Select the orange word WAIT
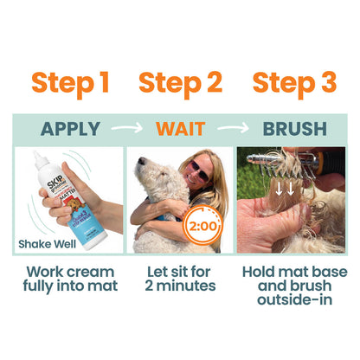[x=182, y=130]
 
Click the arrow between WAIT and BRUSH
[x=233, y=130]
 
